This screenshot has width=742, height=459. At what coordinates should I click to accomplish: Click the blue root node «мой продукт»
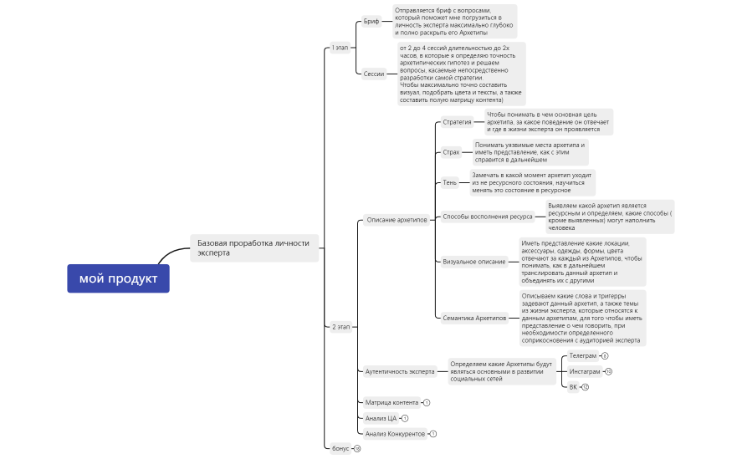pos(118,278)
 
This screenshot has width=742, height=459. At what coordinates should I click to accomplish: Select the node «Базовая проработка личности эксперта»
pos(253,247)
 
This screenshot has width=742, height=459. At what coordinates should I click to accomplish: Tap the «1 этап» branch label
pos(340,48)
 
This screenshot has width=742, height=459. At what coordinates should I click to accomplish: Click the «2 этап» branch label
pos(340,326)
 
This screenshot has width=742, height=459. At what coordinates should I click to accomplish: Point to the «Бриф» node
pos(371,21)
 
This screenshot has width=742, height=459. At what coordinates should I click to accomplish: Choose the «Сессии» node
pos(374,74)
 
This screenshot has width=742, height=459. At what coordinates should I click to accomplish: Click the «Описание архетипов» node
pos(397,220)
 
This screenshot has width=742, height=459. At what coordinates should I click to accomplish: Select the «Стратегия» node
pos(457,122)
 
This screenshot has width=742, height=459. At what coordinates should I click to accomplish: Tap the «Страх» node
pos(451,152)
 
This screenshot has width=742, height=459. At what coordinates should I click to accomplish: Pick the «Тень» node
pos(450,182)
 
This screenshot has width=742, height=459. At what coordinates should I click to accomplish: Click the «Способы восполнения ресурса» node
pos(487,217)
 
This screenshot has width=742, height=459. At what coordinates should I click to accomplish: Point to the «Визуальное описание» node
pos(473,262)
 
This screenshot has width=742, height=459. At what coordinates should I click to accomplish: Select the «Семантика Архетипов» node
pos(474,318)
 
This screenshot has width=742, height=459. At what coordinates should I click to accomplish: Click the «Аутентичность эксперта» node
pos(400,371)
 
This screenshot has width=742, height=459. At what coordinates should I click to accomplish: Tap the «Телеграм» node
pos(583,355)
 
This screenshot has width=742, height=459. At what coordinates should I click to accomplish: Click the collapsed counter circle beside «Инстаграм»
pos(608,371)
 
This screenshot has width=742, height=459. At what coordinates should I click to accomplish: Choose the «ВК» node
pos(573,387)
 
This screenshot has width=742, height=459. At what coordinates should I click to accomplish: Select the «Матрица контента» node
pos(391,402)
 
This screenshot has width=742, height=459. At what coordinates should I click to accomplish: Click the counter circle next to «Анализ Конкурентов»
pos(433,434)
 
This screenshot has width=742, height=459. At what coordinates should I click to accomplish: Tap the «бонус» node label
pos(340,449)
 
